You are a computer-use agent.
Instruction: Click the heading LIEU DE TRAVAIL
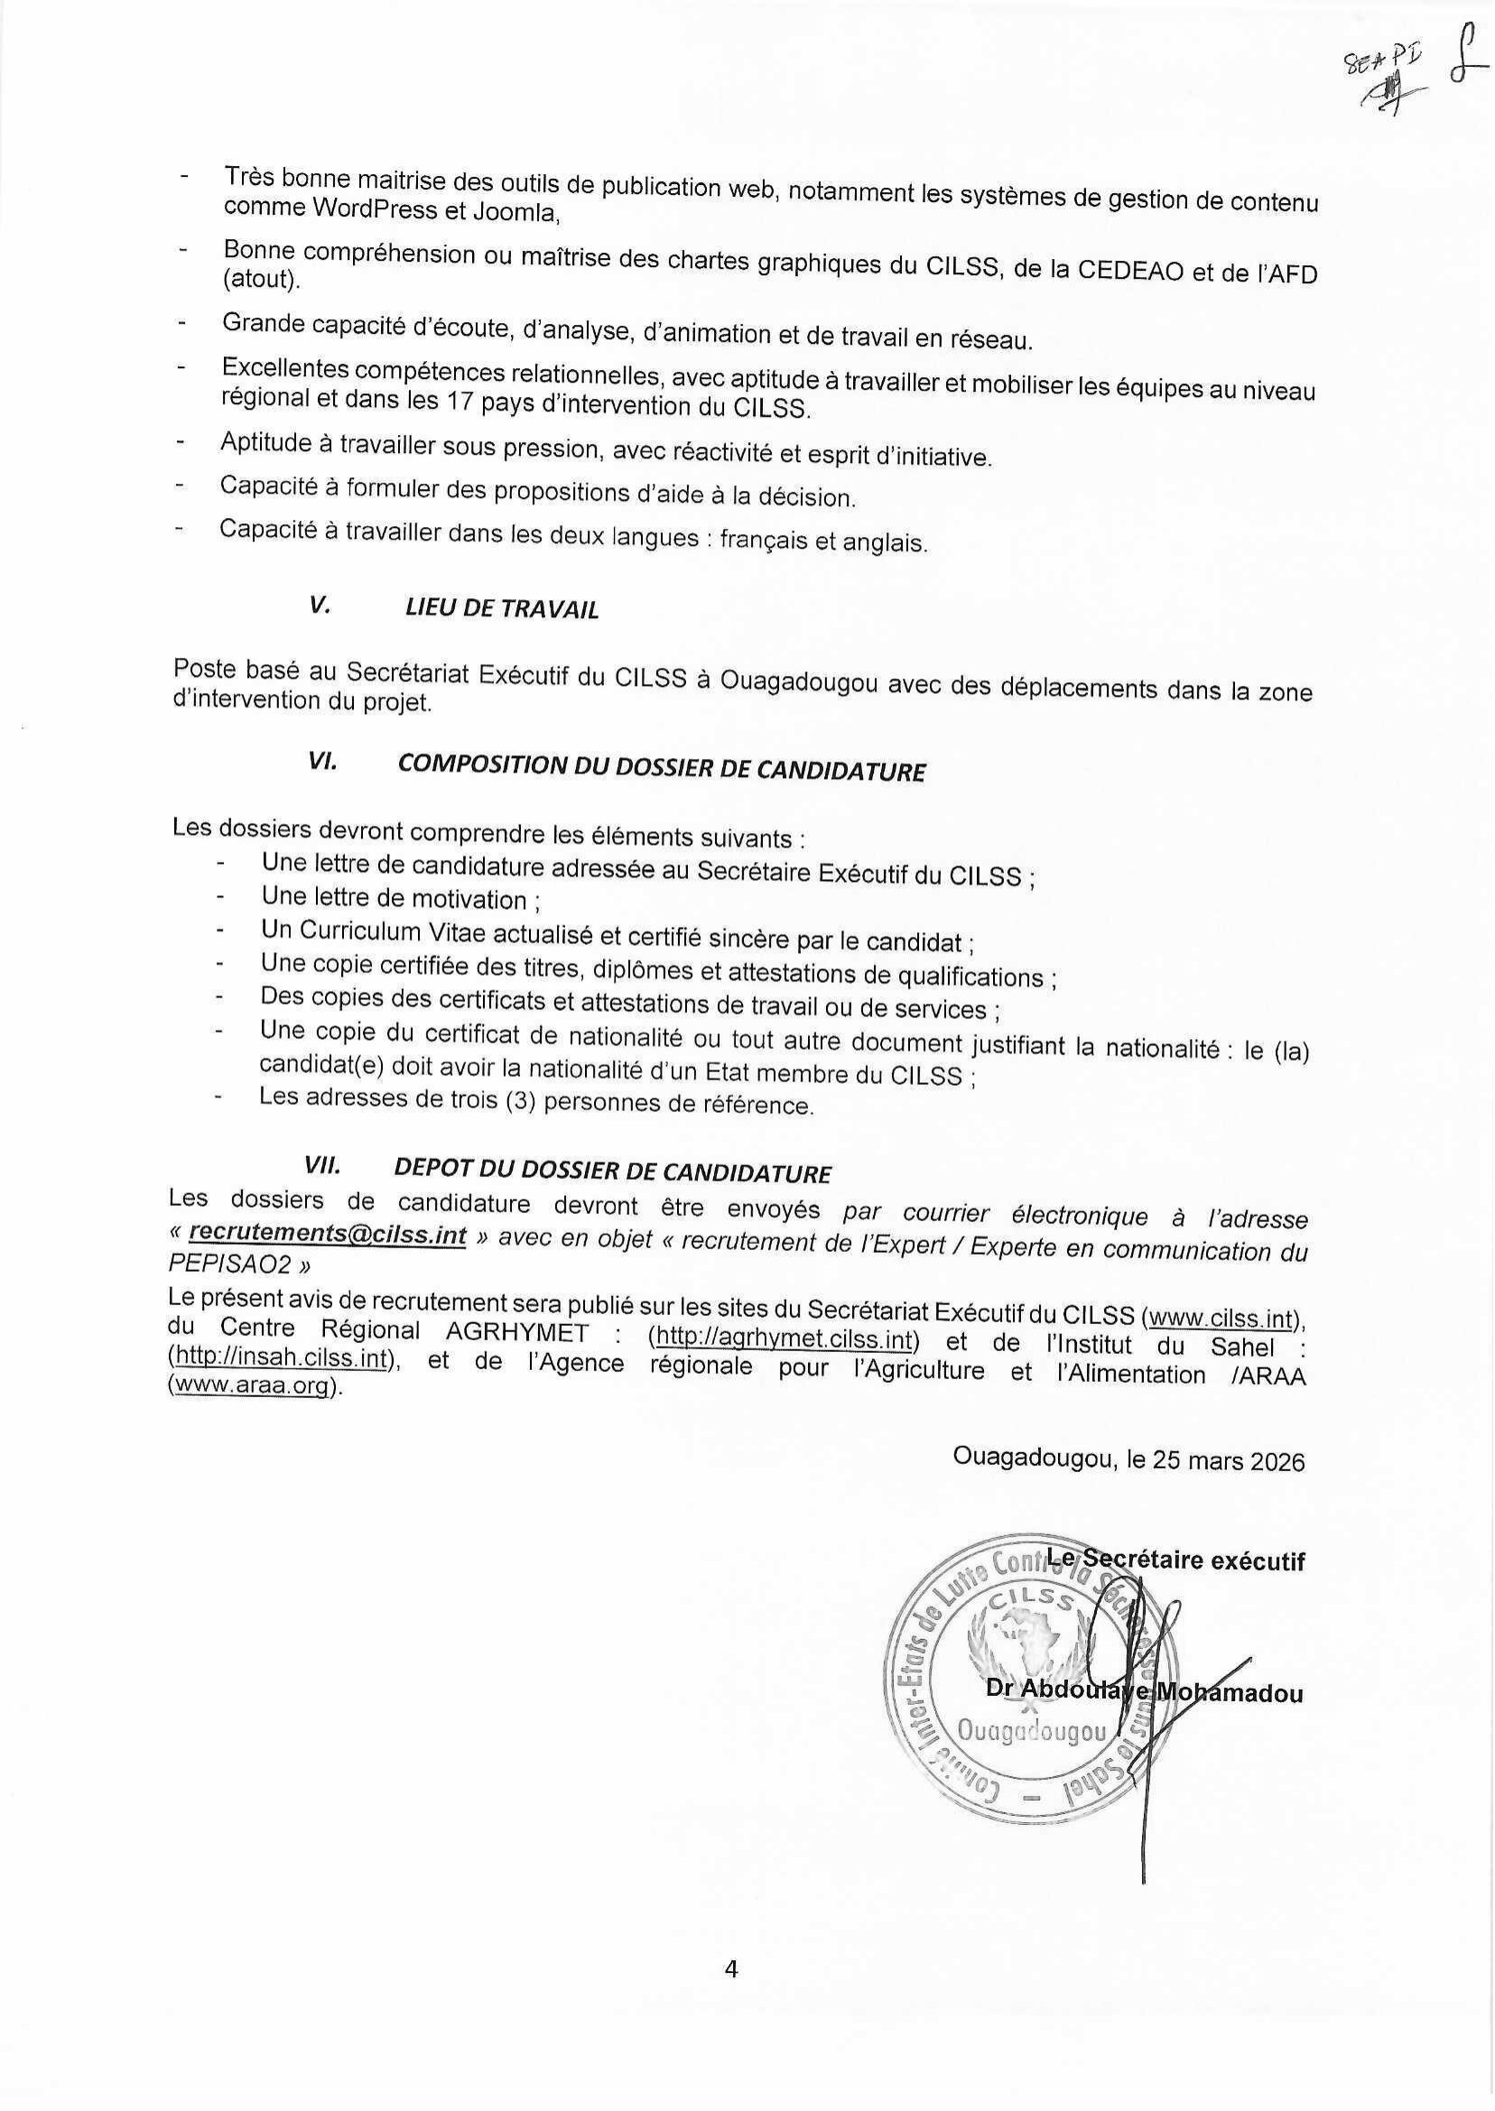click(502, 608)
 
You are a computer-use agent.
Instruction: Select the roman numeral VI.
click(322, 763)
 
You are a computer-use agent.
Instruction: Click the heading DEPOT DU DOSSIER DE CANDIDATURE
click(612, 1171)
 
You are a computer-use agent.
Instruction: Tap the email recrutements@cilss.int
click(327, 1235)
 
